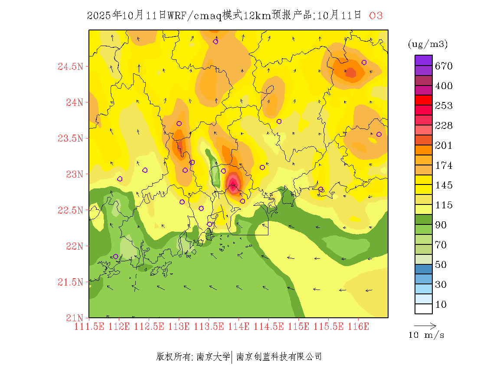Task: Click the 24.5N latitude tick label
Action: (70, 67)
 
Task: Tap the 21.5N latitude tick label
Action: (70, 283)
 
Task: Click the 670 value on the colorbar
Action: (444, 66)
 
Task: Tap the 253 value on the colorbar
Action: (444, 106)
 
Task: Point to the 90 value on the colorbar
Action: (441, 225)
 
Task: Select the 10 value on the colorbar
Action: (441, 305)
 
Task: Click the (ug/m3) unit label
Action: (428, 44)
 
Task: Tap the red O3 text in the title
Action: (376, 16)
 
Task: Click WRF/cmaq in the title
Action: (194, 16)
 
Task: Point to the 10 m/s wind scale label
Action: (427, 335)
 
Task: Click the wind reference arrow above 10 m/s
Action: (425, 325)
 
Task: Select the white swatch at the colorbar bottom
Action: (424, 309)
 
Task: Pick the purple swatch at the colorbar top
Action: (424, 60)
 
